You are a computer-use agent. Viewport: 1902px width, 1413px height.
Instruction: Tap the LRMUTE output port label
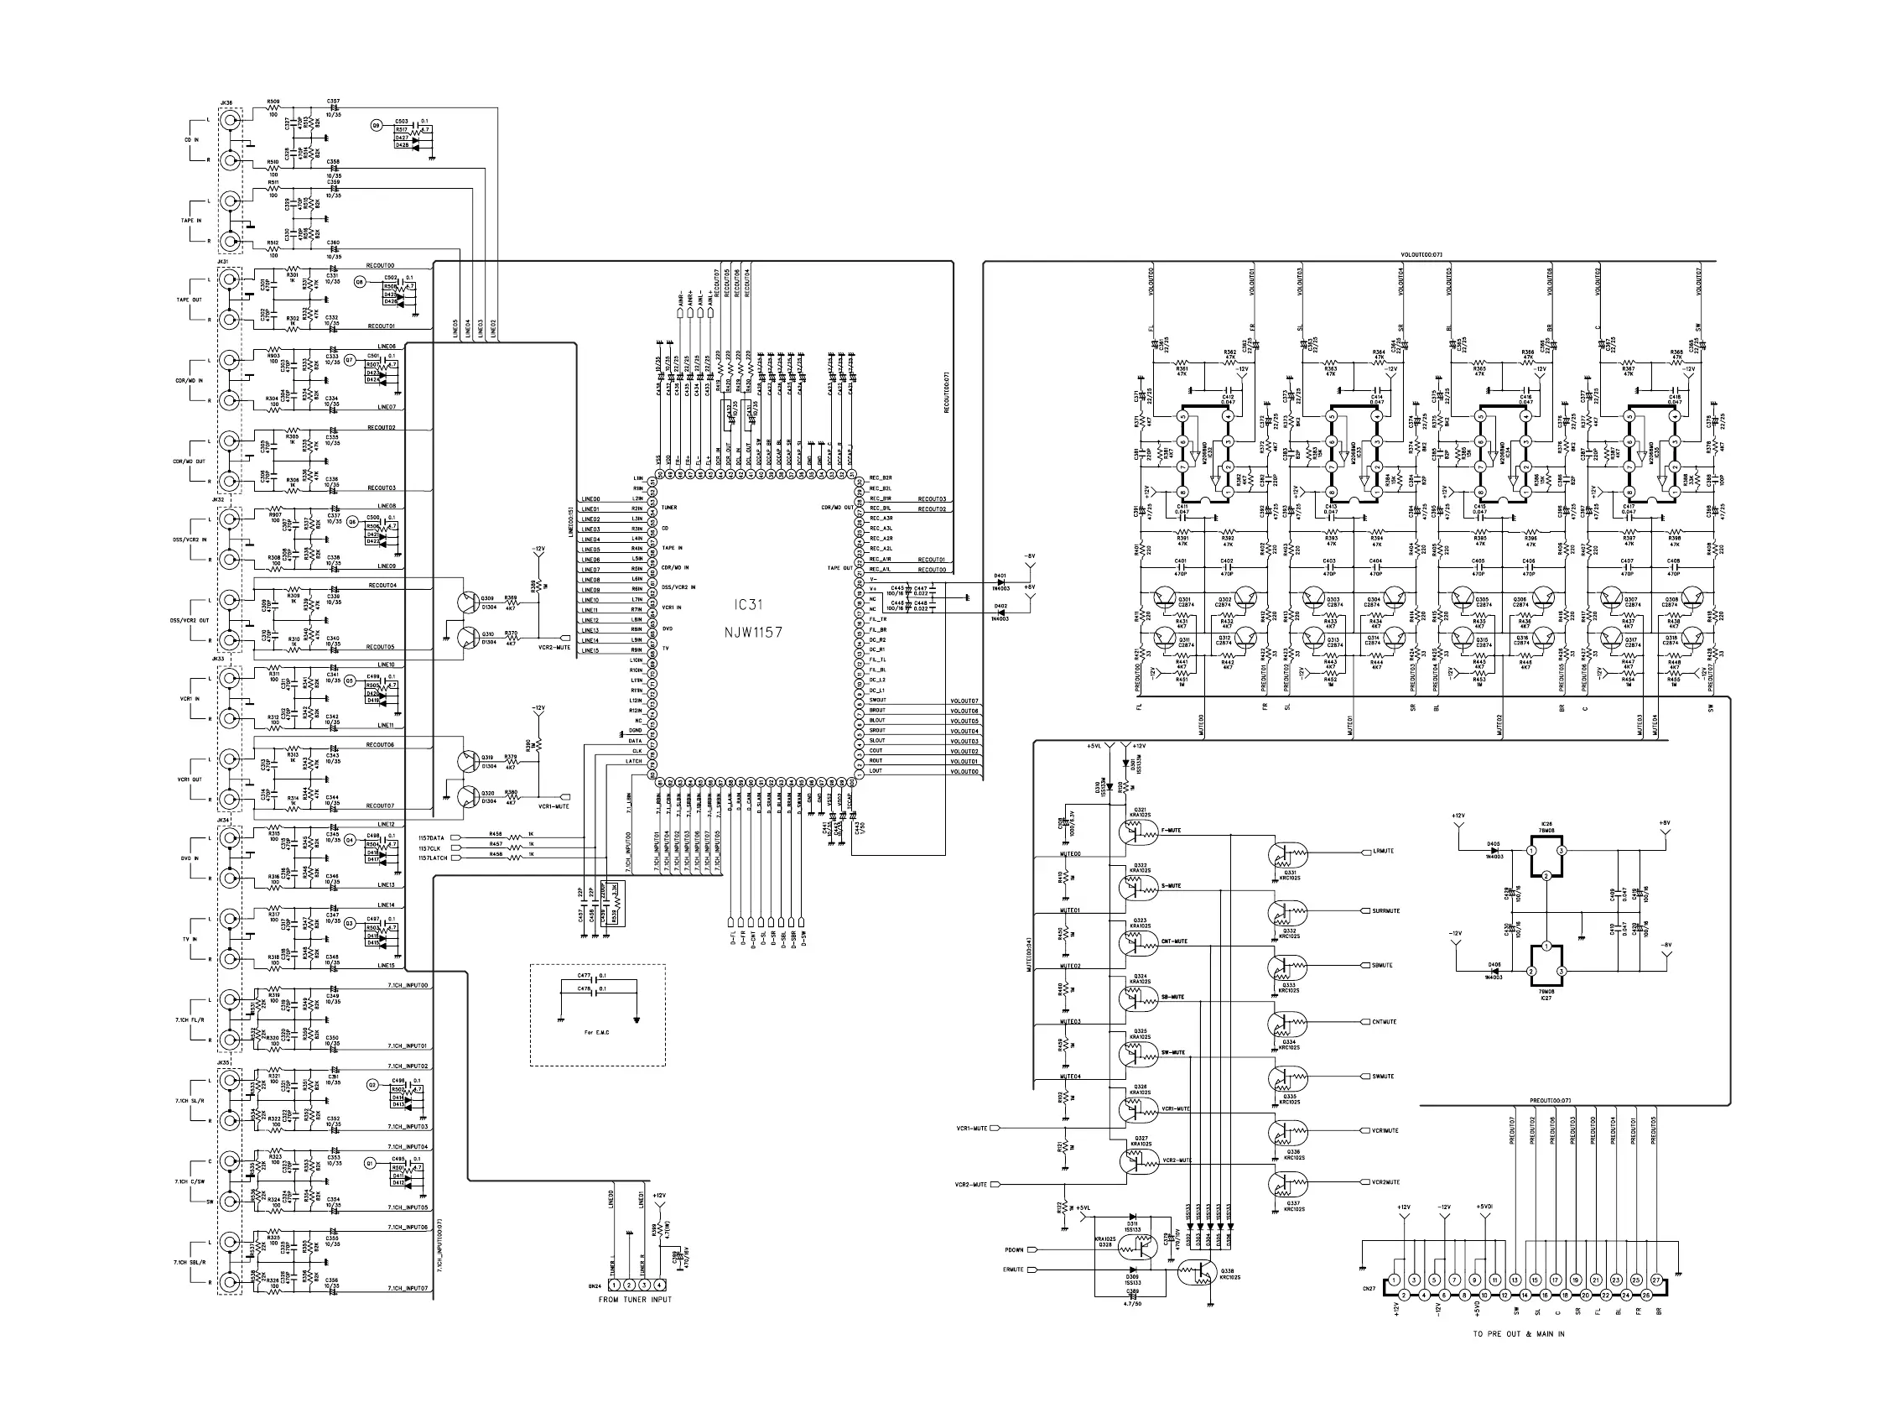click(x=1382, y=851)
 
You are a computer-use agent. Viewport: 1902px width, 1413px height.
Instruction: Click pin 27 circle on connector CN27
click(x=1655, y=1280)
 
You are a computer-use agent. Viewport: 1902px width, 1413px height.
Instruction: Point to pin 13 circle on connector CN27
click(x=1515, y=1280)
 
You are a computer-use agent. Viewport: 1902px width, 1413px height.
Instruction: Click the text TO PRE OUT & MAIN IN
click(x=1518, y=1333)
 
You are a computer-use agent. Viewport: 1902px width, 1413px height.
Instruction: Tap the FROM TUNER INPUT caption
click(x=634, y=1299)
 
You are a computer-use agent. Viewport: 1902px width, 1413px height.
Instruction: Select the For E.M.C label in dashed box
click(x=596, y=1032)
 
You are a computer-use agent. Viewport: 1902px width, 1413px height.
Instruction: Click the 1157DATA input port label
click(x=431, y=837)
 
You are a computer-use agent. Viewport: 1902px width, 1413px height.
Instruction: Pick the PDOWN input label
click(x=1014, y=1249)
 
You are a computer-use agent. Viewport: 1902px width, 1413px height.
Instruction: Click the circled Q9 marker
click(x=377, y=126)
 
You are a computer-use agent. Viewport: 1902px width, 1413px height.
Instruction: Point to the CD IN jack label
click(x=190, y=139)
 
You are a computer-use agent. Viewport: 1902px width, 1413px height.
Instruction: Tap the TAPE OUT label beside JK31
click(x=189, y=300)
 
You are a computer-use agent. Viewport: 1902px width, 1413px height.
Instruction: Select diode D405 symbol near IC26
click(x=1494, y=851)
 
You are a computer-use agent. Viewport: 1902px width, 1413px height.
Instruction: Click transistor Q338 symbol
click(x=1194, y=1274)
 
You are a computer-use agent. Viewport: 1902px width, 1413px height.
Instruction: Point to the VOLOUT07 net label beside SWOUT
click(x=964, y=701)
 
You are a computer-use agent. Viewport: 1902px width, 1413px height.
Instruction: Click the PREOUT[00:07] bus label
click(x=1550, y=1100)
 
